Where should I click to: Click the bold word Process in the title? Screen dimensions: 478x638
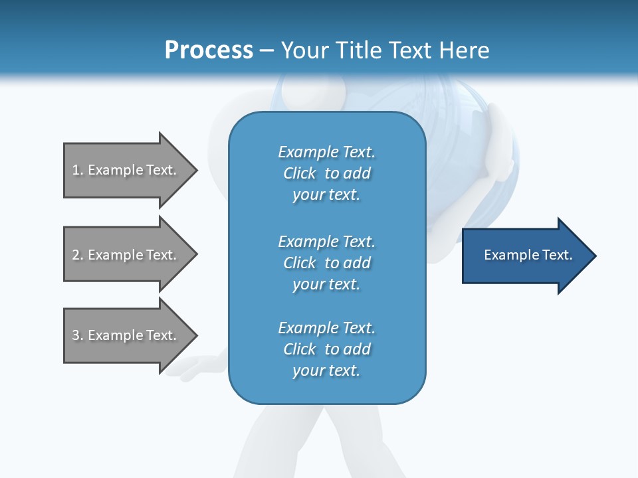point(209,50)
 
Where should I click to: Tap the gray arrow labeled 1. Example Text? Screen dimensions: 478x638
point(126,170)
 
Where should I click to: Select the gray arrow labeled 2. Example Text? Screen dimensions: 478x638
point(126,255)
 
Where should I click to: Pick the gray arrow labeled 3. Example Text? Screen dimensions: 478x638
point(126,335)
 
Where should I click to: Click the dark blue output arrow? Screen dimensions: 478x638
point(525,256)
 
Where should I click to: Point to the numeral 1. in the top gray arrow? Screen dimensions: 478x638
point(78,170)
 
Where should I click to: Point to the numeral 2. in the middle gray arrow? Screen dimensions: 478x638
point(78,255)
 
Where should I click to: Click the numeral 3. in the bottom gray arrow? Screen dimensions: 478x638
point(78,335)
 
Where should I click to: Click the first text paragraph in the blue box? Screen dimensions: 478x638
point(326,173)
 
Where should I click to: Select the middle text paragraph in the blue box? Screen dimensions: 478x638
point(326,262)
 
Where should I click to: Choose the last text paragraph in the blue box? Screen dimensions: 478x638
point(326,349)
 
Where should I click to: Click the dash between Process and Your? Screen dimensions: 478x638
point(266,50)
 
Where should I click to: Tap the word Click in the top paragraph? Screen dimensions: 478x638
point(300,173)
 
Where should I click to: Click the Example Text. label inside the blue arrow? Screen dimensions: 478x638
point(528,255)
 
